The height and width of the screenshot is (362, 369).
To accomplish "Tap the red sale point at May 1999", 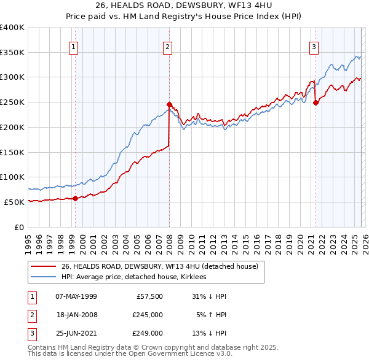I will [75, 198].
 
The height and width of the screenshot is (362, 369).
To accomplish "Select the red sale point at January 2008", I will [169, 104].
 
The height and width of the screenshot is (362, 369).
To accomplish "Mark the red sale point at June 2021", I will [315, 102].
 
